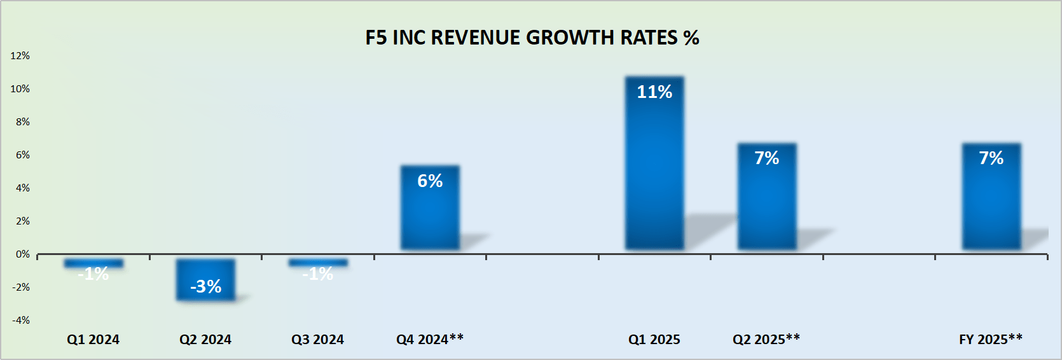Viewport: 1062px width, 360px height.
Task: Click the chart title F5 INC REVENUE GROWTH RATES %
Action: click(x=532, y=38)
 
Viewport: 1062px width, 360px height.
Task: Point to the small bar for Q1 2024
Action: click(x=93, y=263)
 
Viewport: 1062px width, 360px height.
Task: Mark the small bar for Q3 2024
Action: click(x=318, y=262)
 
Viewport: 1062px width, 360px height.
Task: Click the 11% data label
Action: click(x=654, y=92)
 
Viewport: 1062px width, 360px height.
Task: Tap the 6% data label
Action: click(x=430, y=181)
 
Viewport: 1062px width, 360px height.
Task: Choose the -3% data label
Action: click(x=205, y=287)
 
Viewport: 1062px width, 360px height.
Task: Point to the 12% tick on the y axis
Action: click(x=20, y=56)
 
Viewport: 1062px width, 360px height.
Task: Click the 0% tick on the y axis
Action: click(x=22, y=254)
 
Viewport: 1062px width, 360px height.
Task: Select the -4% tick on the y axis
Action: click(x=21, y=321)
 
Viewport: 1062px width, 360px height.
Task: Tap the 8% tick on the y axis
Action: click(x=22, y=122)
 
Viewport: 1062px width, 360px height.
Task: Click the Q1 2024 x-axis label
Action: click(x=93, y=340)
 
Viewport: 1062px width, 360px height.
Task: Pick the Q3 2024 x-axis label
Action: click(x=317, y=340)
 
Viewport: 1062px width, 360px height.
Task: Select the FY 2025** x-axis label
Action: click(x=990, y=340)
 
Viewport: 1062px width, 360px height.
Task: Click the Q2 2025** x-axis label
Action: click(x=766, y=340)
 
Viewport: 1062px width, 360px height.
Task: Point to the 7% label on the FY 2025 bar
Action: click(x=991, y=158)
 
